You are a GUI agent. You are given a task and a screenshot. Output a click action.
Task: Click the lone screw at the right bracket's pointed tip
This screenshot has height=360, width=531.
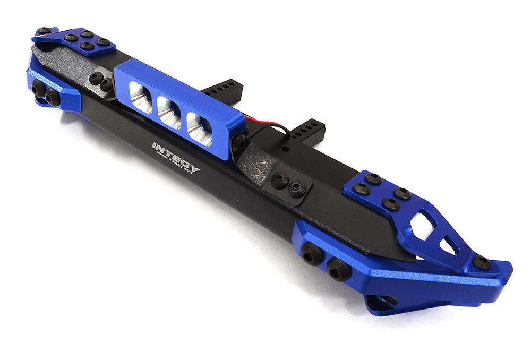(x=482, y=262)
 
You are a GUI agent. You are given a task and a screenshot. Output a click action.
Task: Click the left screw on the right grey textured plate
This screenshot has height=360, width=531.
(x=280, y=181)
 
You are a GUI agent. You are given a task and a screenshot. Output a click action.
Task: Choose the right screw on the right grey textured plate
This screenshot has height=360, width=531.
(x=297, y=187)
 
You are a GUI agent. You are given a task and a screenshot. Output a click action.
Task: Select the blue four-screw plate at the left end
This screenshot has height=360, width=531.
(x=85, y=42)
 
